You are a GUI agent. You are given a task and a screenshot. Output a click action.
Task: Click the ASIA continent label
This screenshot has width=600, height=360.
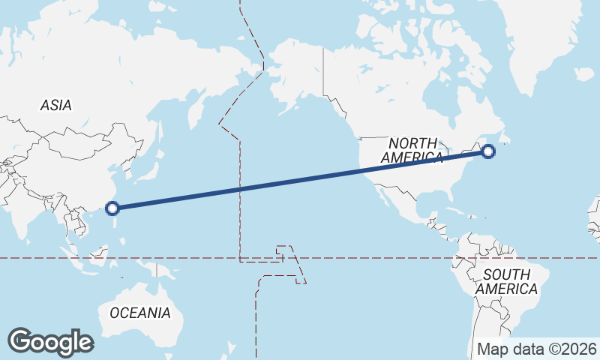56,106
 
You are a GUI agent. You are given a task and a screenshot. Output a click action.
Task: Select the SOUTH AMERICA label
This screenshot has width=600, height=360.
507,281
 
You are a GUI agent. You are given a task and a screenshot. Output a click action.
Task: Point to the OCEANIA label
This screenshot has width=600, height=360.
140,313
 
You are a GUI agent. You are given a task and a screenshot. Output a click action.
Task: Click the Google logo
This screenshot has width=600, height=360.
50,341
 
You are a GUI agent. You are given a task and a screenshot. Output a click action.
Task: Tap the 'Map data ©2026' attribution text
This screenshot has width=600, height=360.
537,349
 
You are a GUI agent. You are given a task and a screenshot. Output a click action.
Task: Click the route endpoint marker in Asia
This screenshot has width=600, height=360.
113,208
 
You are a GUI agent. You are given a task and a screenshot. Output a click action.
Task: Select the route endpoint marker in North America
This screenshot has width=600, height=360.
488,151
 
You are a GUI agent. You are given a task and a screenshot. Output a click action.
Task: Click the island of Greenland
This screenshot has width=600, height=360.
547,45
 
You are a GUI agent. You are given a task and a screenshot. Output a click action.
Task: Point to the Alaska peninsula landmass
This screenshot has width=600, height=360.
296,75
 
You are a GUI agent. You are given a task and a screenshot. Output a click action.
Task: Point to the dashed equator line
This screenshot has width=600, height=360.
375,258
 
